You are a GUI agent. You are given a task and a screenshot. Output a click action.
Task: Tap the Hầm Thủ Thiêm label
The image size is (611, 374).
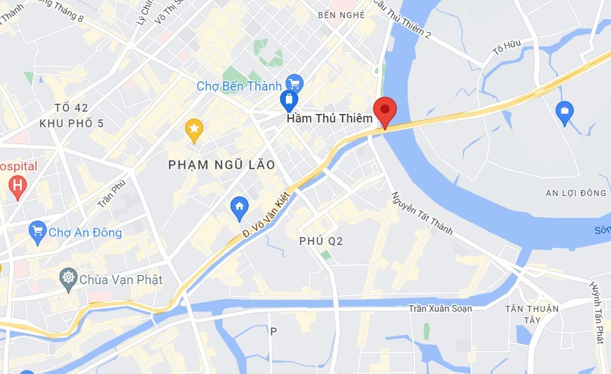coord(329,118)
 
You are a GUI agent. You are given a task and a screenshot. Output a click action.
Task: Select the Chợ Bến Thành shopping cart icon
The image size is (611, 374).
coord(294,84)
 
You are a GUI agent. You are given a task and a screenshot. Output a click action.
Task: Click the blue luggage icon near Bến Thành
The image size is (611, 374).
coord(289,100)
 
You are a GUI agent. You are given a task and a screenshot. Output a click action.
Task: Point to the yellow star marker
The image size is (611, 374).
coord(193,128)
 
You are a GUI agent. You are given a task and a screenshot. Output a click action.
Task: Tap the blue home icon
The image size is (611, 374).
coord(239,207)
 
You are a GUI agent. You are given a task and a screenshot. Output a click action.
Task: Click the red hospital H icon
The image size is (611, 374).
coord(18,187)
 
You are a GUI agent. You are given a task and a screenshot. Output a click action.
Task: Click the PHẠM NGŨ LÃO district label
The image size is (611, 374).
coord(222,165)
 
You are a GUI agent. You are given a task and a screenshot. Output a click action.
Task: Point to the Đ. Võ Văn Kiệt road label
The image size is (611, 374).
coord(266,215)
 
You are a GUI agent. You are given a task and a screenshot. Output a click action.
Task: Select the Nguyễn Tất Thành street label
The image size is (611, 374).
coord(421,213)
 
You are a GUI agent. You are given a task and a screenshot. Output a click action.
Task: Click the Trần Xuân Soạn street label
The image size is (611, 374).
coord(440,309)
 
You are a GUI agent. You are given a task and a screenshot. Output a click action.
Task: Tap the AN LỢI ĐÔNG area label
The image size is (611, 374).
coord(575,193)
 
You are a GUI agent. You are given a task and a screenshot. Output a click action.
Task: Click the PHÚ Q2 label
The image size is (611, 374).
coord(321,241)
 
